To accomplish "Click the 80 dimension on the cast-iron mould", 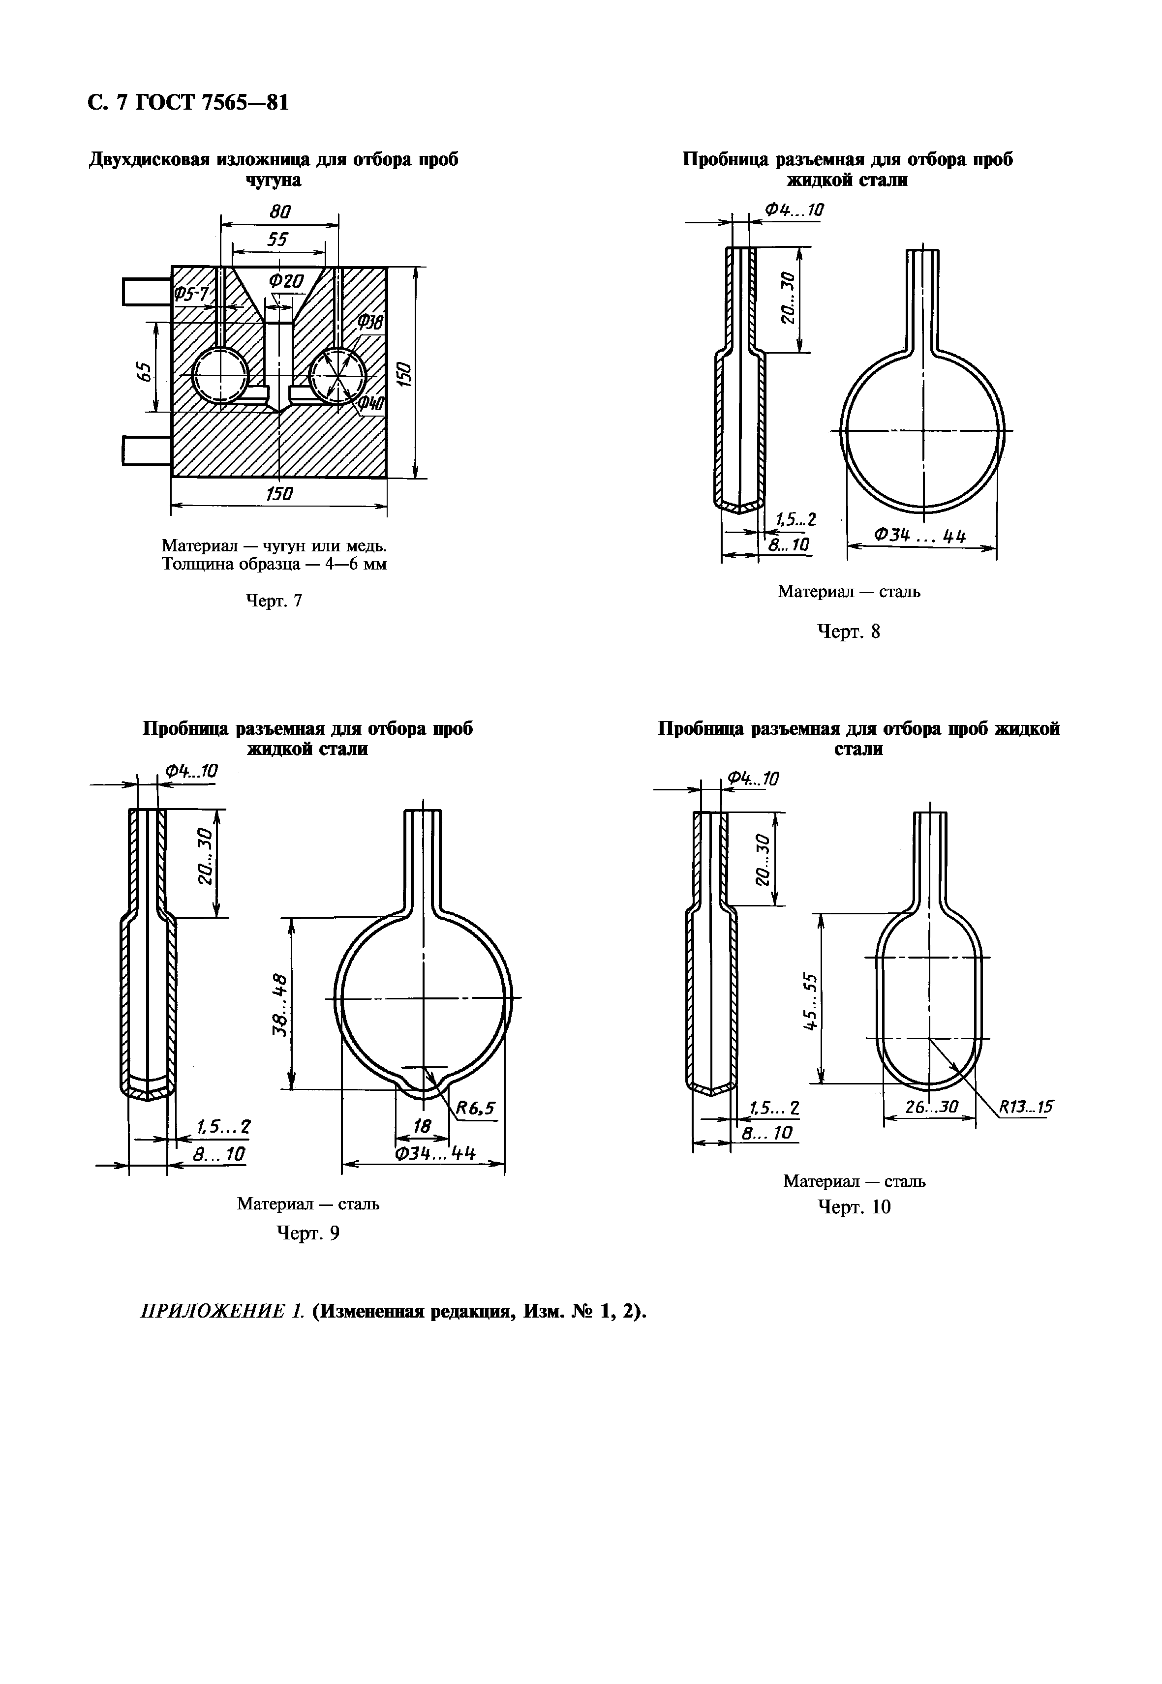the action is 279,212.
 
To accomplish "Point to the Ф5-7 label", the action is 191,293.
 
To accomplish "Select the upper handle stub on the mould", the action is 146,292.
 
